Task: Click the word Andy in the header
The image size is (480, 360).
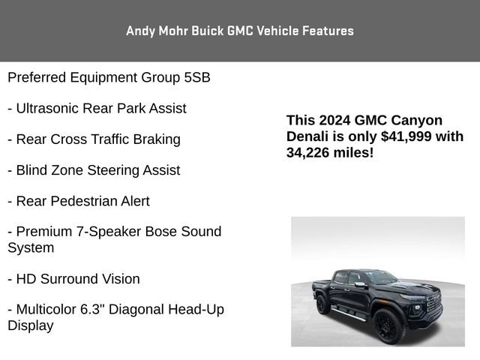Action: (x=139, y=31)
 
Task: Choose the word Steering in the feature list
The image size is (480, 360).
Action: (x=114, y=170)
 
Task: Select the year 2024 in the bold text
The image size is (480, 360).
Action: (x=334, y=120)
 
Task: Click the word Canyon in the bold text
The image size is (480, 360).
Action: (x=418, y=120)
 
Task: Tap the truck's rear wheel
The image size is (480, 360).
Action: (x=322, y=304)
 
